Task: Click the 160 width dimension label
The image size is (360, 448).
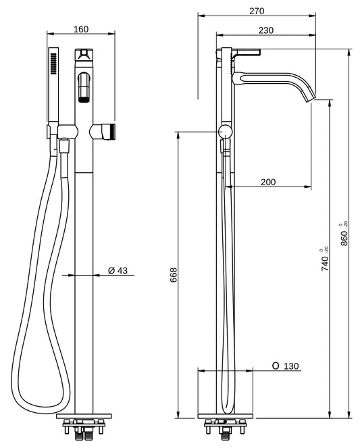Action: tap(80, 29)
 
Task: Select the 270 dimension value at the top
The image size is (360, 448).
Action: tap(256, 11)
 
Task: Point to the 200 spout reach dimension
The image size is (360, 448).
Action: tap(268, 182)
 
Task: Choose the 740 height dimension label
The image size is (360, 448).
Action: tap(325, 260)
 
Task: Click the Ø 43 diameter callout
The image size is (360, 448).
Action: tap(118, 270)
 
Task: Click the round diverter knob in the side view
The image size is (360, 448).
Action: tap(224, 131)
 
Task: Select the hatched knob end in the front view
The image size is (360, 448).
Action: tap(114, 130)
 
